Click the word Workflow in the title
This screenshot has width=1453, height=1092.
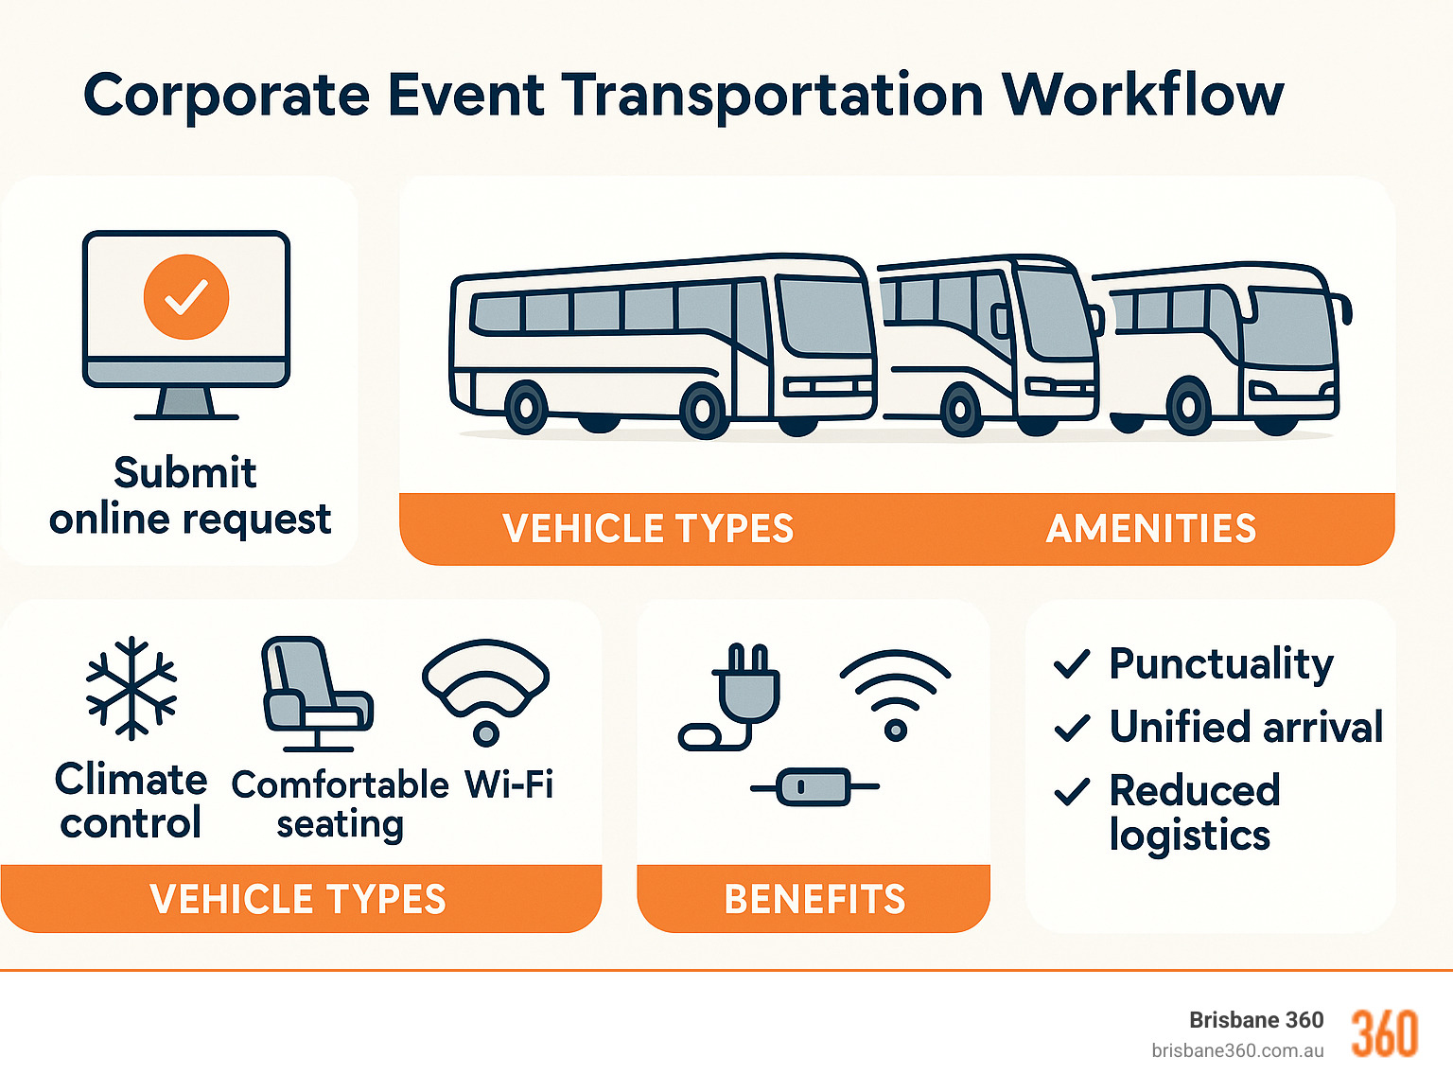point(1142,96)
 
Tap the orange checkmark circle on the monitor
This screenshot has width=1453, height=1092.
point(186,297)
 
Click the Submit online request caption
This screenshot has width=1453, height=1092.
point(189,496)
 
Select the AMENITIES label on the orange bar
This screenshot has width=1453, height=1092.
point(1150,529)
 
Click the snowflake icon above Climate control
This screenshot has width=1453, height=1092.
point(131,688)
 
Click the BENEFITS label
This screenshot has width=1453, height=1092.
point(814,899)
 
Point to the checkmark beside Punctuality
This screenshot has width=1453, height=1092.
point(1072,664)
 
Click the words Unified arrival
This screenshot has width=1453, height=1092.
point(1246,728)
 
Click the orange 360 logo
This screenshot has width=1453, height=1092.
point(1384,1033)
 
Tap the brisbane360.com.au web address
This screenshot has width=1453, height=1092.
point(1237,1050)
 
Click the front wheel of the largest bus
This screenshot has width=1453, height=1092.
point(702,410)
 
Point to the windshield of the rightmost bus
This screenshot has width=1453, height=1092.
point(1288,326)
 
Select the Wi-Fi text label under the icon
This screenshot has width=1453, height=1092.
point(509,784)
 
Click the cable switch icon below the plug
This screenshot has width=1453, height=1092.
point(814,786)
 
